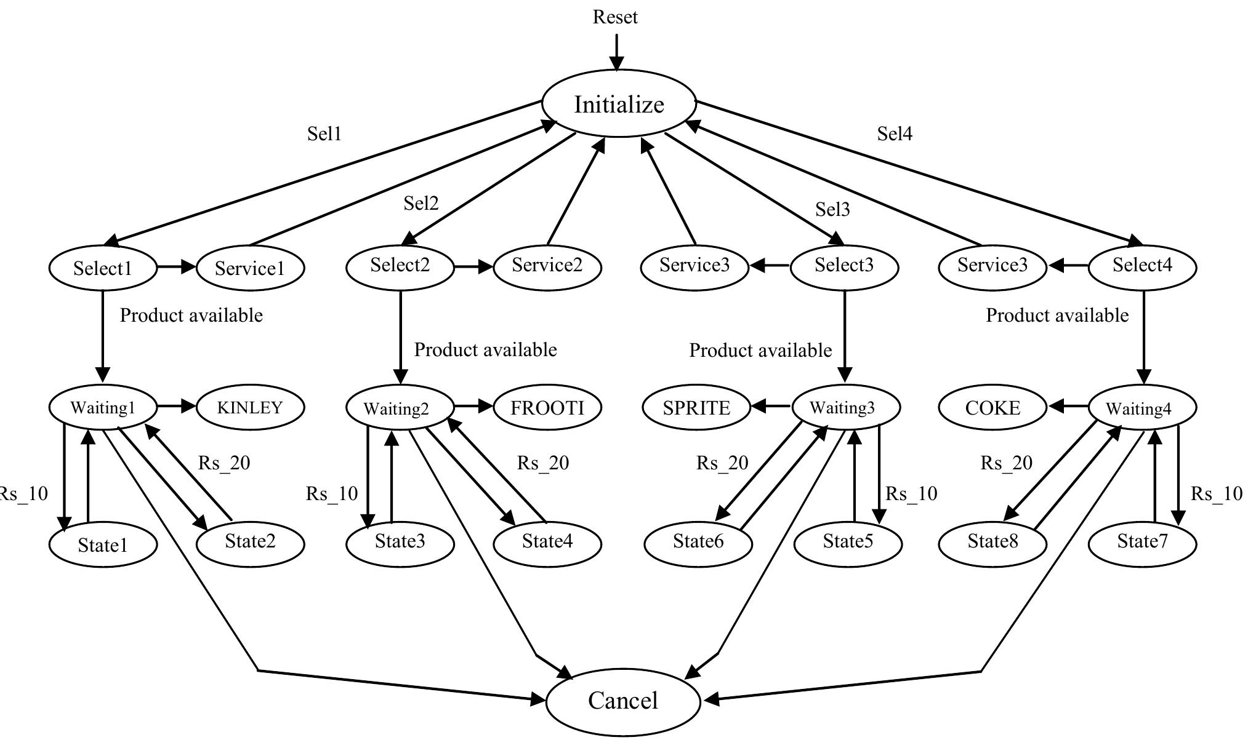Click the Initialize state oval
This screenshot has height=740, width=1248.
[x=619, y=104]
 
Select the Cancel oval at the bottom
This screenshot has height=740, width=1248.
[x=622, y=701]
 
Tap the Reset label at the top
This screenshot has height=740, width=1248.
[x=615, y=17]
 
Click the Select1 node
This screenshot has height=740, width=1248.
[x=102, y=268]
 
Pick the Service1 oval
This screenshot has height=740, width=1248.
[x=249, y=268]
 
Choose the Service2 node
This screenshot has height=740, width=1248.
[x=547, y=266]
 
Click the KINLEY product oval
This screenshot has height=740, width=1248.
[x=249, y=407]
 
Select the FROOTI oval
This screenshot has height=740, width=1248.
[x=547, y=407]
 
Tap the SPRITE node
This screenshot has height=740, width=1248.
[x=696, y=408]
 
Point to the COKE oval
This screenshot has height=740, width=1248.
[x=992, y=408]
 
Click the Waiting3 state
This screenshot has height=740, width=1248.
[x=843, y=407]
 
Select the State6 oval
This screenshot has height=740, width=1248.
[x=698, y=542]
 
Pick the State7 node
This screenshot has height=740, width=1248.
[x=1142, y=542]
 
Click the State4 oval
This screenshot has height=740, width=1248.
[x=547, y=542]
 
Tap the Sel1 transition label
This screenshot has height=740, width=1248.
[x=324, y=133]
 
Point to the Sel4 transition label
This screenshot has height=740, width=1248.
[x=894, y=133]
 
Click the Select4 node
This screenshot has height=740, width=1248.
[x=1142, y=266]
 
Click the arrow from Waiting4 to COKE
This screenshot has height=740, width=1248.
[x=1068, y=406]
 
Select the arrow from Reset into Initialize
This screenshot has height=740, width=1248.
[x=616, y=53]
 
